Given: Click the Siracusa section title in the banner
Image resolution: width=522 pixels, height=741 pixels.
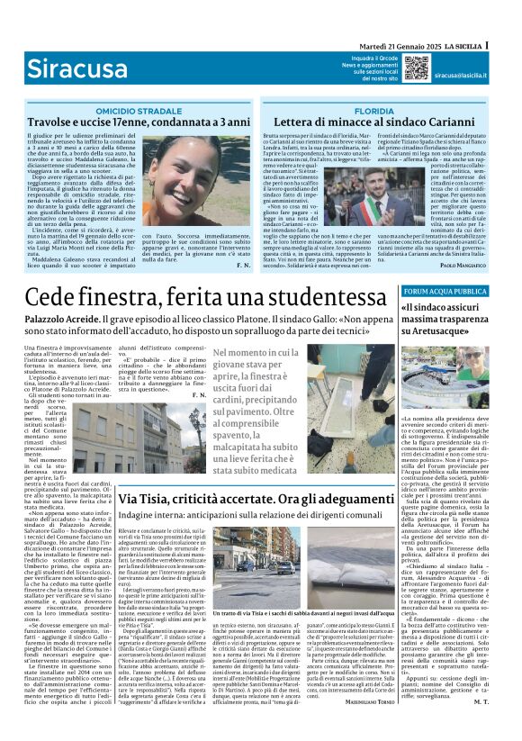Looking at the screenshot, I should click(73, 68).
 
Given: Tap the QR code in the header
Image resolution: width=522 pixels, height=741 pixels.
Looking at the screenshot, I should click(416, 68).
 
